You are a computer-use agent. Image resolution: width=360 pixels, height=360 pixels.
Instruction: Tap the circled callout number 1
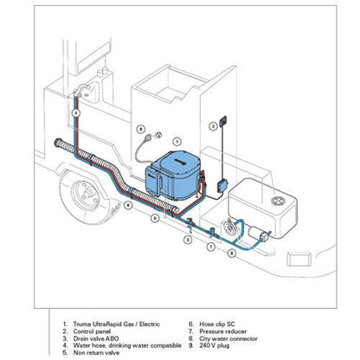177,140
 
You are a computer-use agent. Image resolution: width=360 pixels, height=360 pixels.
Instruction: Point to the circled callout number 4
75,113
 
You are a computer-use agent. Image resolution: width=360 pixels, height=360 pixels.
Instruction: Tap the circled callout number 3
187,240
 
